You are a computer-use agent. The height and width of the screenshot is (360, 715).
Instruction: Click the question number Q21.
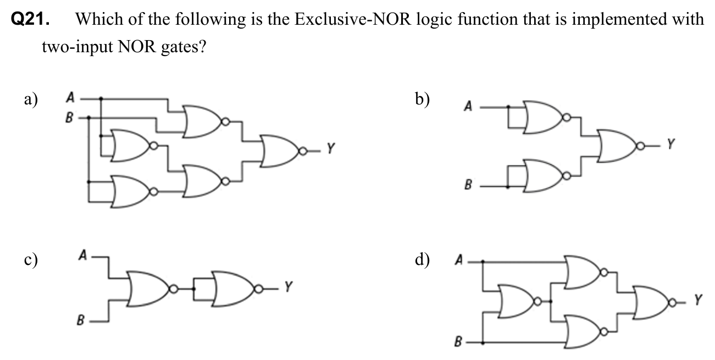(x=31, y=20)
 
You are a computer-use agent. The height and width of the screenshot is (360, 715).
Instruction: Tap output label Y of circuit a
(x=330, y=148)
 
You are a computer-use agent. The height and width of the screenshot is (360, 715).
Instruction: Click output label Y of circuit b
(x=669, y=145)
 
